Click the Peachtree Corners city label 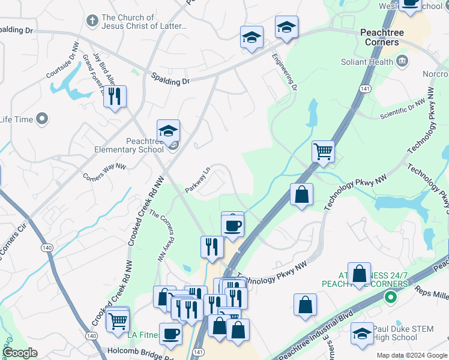[x=381, y=37]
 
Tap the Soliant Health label [x=366, y=62]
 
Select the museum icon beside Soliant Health [x=402, y=61]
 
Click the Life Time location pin [x=42, y=119]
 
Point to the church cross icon [x=92, y=22]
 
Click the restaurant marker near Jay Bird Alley [x=115, y=97]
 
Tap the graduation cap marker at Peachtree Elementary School [x=169, y=131]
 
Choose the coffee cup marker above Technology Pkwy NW [x=232, y=226]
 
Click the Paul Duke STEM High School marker [x=362, y=333]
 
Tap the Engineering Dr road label [x=285, y=71]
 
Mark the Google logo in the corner [x=20, y=353]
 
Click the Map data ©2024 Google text [x=412, y=355]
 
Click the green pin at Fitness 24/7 [x=391, y=296]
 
